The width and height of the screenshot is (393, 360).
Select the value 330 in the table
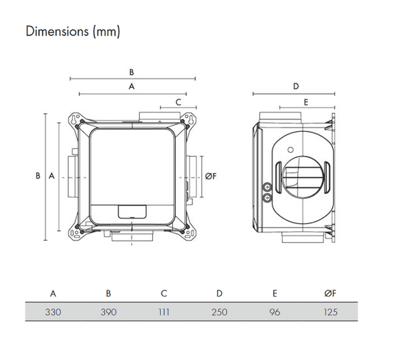point(54,312)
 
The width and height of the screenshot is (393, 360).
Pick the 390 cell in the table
point(109,312)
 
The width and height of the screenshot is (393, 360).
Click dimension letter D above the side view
point(296,86)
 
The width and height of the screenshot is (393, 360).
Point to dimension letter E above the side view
point(305,102)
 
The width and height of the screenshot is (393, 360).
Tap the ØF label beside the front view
point(210,177)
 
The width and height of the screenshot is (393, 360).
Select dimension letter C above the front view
point(178,102)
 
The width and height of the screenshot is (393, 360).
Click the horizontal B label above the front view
point(131,72)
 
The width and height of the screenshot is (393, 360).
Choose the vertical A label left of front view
point(51,177)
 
